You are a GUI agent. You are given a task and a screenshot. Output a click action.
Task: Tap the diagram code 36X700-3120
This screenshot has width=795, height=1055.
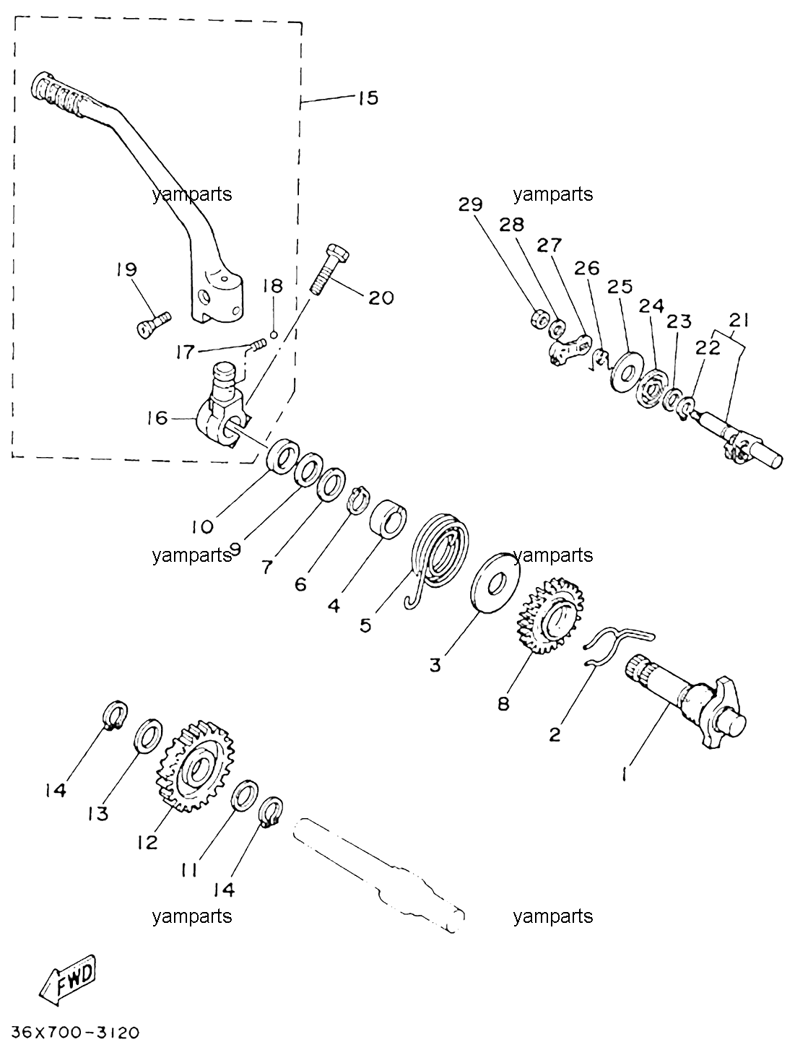point(75,1031)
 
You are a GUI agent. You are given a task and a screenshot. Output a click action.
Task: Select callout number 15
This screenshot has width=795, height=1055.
point(368,98)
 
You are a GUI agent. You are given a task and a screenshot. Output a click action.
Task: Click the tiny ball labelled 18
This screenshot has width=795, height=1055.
point(274,334)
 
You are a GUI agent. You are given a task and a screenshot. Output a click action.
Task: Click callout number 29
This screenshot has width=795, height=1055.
point(469,205)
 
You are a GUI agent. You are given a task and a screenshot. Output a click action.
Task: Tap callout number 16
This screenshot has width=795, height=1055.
point(157,418)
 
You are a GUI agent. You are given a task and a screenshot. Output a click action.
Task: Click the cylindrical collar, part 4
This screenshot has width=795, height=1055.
point(388,520)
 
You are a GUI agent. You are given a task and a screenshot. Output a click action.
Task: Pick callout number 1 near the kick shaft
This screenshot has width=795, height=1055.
point(625,774)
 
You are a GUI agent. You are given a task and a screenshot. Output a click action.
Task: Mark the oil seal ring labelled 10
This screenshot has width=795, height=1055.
point(283,455)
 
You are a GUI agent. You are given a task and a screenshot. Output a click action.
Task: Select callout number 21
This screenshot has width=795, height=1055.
point(739,320)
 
